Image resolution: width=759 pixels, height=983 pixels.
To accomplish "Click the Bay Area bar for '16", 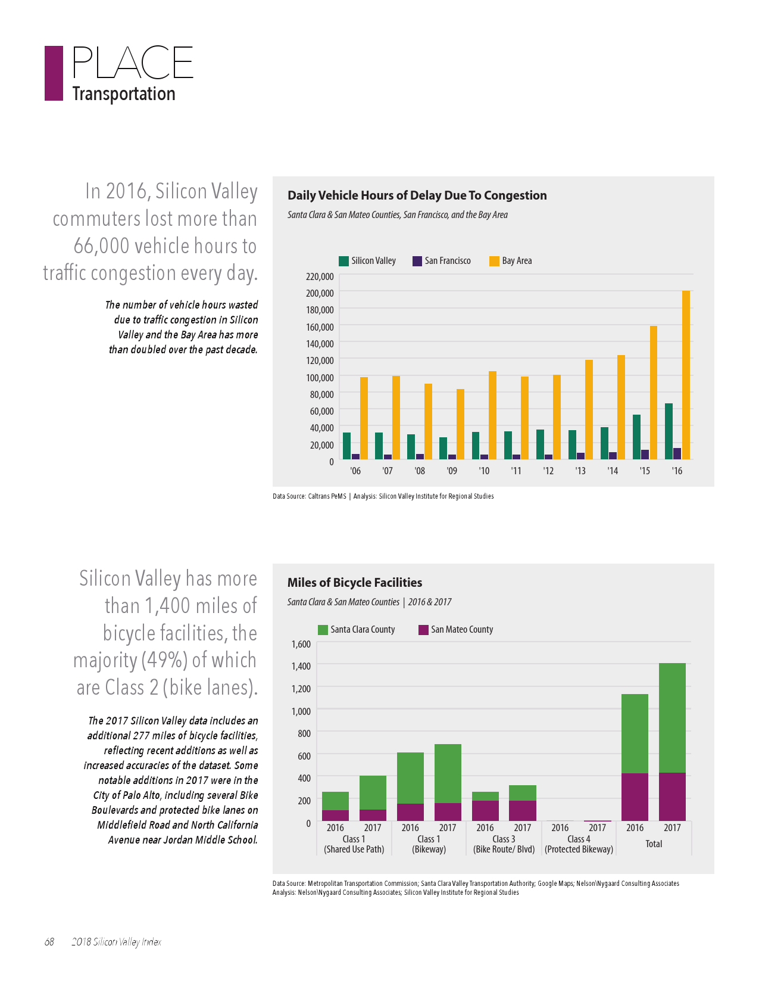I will (686, 375).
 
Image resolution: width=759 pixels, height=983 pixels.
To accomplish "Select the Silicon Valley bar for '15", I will (636, 437).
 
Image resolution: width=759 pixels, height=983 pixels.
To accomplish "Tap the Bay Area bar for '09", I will (460, 424).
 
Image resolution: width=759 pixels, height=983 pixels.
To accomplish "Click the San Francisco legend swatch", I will (417, 261).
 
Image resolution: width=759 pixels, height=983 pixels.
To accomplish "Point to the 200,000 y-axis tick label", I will (320, 293).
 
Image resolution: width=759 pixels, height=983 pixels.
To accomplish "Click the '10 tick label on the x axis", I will (484, 471).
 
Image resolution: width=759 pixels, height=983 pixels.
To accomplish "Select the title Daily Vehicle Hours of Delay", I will (417, 195).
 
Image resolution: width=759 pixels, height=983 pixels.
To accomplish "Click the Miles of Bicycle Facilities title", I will (355, 583).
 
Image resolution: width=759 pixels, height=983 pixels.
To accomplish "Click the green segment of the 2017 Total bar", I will (672, 718).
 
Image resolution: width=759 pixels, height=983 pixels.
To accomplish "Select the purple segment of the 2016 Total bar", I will (635, 797).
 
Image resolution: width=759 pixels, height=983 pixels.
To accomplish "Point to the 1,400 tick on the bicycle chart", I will (301, 666).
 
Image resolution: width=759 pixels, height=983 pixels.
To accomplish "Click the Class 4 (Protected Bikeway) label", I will (579, 844).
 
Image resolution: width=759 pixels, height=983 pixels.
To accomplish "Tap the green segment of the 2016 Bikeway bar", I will (410, 778).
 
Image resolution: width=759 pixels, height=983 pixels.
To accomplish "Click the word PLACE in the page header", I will (133, 63).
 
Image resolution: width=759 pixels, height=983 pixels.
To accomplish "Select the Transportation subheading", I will (124, 94).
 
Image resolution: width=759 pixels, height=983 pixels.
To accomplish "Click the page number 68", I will (49, 942).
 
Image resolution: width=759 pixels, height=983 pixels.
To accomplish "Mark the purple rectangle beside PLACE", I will (54, 73).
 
